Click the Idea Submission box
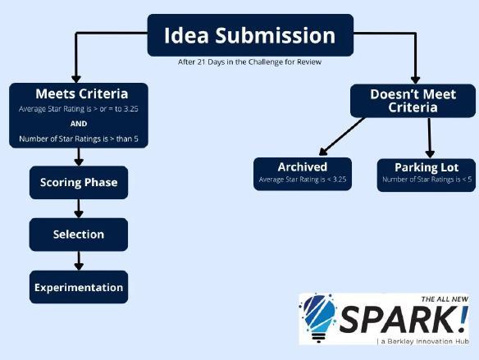pos(250,35)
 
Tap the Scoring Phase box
pos(79,183)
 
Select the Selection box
pos(79,235)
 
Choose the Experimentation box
pos(79,287)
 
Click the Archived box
pos(303,174)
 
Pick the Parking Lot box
pos(427,175)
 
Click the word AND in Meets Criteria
pos(79,124)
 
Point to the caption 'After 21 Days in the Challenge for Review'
pos(249,62)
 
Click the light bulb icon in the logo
pos(318,318)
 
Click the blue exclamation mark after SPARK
pos(463,319)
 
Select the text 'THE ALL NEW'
pos(445,299)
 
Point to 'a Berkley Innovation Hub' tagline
pos(425,341)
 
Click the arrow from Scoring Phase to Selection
pos(79,208)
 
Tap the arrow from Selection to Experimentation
pos(79,261)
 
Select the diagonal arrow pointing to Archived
pos(342,137)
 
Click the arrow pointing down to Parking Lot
pos(430,138)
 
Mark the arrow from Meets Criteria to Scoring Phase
pos(79,157)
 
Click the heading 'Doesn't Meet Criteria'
pos(413,101)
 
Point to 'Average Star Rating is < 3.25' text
pos(303,180)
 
